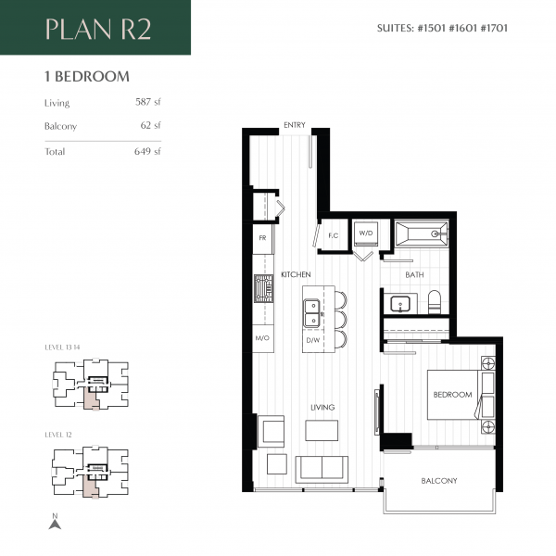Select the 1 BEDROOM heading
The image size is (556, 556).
pos(86,77)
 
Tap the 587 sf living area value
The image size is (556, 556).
pos(147,103)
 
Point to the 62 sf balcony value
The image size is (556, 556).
pos(150,125)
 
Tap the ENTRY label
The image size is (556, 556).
pos(294,125)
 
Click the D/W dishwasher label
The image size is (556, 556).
pos(312,339)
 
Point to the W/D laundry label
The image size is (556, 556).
pos(365,233)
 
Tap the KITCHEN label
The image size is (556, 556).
pos(296,276)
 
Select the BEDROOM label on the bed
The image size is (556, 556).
pos(452,395)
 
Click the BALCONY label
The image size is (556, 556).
pos(438,481)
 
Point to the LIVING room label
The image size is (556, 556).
pos(322,407)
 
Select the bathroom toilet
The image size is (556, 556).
pos(435,302)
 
